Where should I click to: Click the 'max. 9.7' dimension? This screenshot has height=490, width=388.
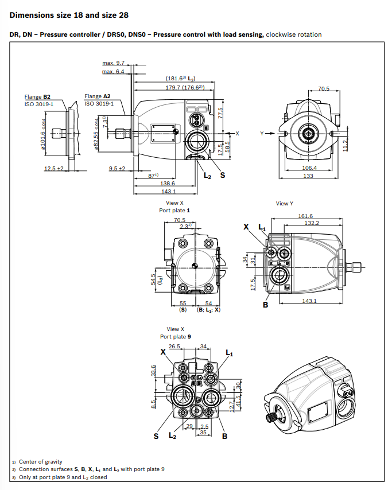(113, 63)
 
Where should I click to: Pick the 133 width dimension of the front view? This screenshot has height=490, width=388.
(309, 176)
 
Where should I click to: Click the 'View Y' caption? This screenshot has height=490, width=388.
(285, 204)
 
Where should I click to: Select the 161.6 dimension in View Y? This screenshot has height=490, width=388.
(305, 216)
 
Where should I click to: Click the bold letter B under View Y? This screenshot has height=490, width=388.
(266, 305)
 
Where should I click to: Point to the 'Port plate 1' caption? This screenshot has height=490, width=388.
(174, 211)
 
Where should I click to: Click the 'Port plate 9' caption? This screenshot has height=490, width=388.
(174, 337)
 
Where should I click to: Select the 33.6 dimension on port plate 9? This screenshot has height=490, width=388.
(153, 372)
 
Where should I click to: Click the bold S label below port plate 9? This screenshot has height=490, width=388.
(156, 436)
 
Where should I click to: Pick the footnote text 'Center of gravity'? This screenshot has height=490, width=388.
(41, 461)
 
